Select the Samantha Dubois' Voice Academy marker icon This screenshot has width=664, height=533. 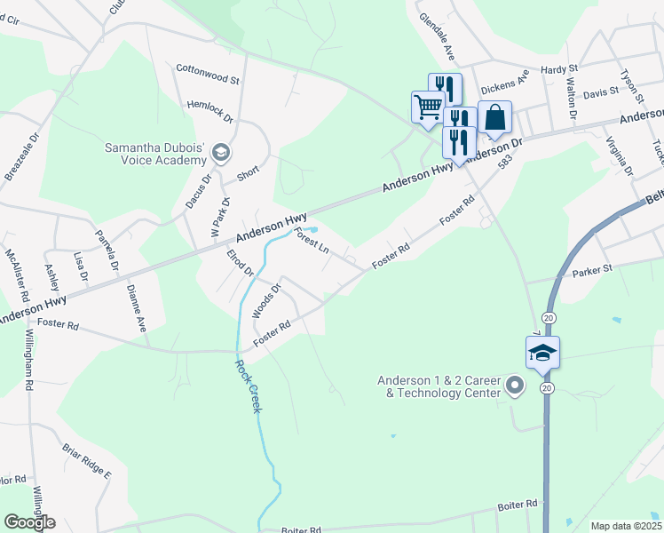221,155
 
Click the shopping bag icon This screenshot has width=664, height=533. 494,117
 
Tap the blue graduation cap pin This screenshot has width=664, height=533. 542,353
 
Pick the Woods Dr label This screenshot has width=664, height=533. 266,300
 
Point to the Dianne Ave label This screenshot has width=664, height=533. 136,306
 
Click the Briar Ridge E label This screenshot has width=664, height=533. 85,459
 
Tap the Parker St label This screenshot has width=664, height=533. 593,269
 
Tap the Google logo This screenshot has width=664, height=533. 29,522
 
